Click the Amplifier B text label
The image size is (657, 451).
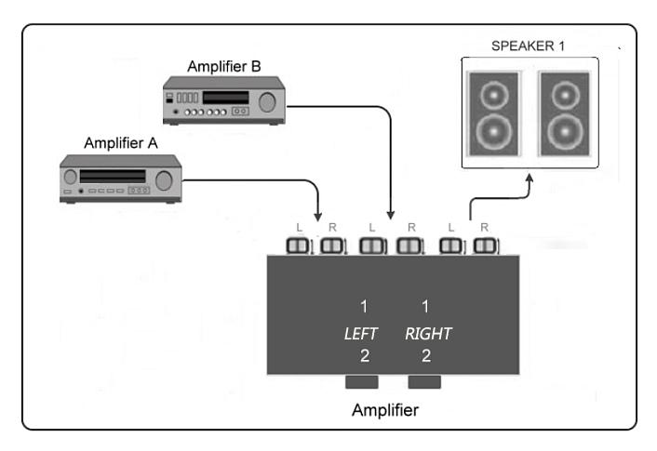pos(223,66)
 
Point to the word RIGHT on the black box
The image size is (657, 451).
pos(428,334)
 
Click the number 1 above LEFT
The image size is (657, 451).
pos(366,307)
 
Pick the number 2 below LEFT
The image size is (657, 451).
pos(366,356)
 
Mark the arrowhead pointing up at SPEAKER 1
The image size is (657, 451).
pos(530,182)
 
